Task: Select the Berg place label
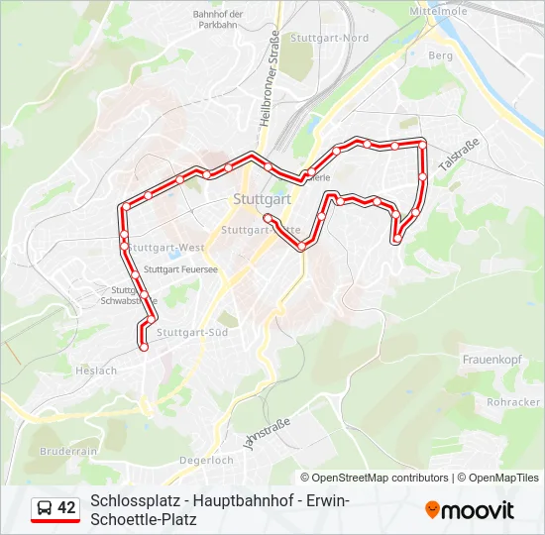(x=440, y=56)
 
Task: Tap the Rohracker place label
(x=513, y=402)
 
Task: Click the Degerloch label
(x=206, y=460)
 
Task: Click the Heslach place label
(x=96, y=371)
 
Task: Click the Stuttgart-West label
(x=166, y=247)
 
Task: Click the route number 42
(x=66, y=508)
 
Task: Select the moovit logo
(x=470, y=510)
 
